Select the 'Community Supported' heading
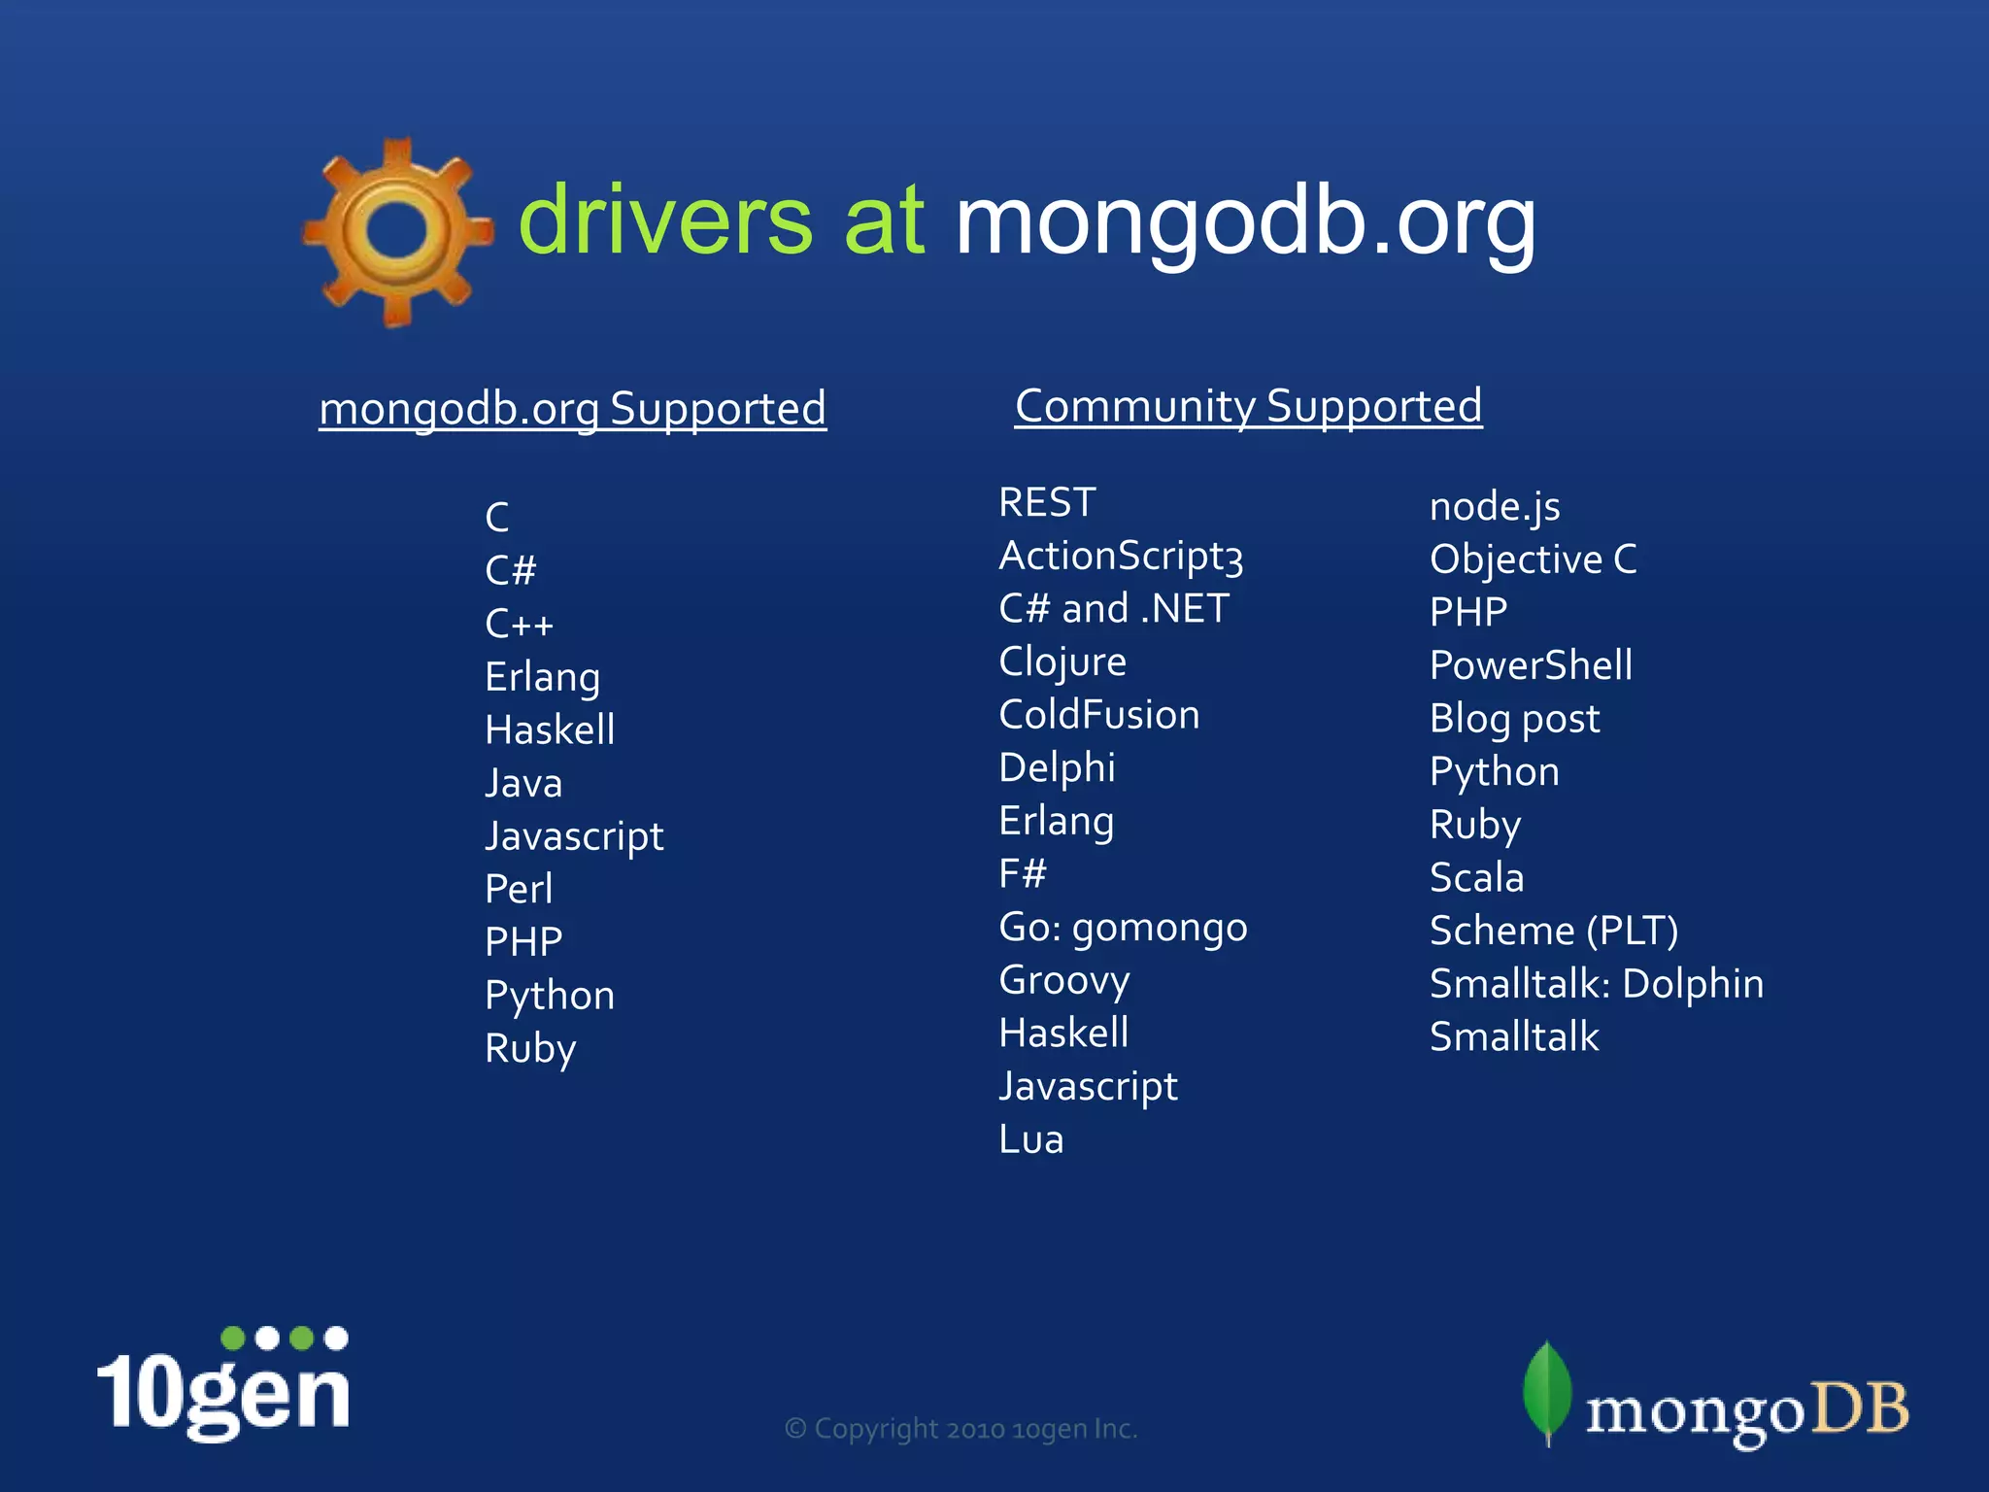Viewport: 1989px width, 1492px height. (1248, 406)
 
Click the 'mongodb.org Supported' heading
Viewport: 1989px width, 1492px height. (573, 409)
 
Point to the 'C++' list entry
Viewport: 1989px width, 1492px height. (519, 624)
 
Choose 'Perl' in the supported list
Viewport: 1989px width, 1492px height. (519, 889)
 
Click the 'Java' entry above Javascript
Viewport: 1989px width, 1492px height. (523, 783)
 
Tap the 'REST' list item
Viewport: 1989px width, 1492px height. (1047, 503)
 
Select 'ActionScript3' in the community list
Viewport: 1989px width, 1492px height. (1121, 557)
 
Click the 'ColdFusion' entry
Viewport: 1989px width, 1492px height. (1099, 715)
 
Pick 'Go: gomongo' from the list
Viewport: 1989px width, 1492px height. (1123, 928)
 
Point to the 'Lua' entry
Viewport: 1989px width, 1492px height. (1031, 1139)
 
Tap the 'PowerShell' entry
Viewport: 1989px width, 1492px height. (1531, 665)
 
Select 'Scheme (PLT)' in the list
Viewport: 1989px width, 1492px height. (1554, 931)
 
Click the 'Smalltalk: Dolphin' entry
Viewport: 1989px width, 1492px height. (1597, 984)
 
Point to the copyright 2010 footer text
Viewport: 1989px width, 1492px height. (961, 1429)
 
